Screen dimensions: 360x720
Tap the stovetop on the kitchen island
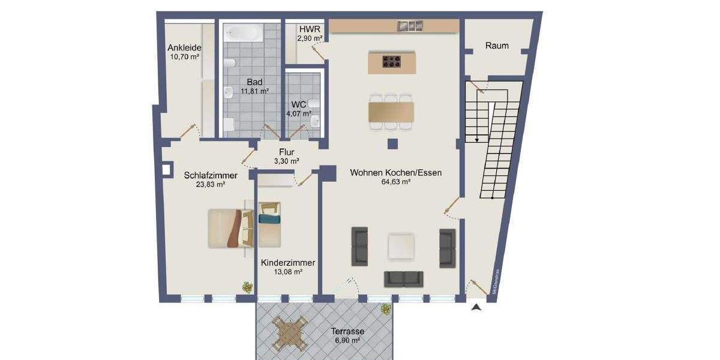pos(392,60)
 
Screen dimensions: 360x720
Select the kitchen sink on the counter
pos(411,26)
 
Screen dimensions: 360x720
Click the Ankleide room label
pos(184,48)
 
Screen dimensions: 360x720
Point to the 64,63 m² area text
pos(396,182)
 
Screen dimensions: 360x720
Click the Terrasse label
pos(347,331)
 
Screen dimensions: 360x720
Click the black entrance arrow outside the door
pos(476,308)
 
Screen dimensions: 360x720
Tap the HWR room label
pos(310,29)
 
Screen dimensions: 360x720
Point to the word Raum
pos(497,46)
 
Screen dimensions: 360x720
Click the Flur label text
pos(287,152)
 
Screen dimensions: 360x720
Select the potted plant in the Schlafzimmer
pos(247,287)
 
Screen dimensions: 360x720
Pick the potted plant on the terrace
pos(385,310)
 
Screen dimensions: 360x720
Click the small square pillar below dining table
pos(392,143)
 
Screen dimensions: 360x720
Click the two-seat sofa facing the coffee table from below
pos(403,278)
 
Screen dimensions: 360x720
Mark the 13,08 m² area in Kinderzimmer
pos(288,272)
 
